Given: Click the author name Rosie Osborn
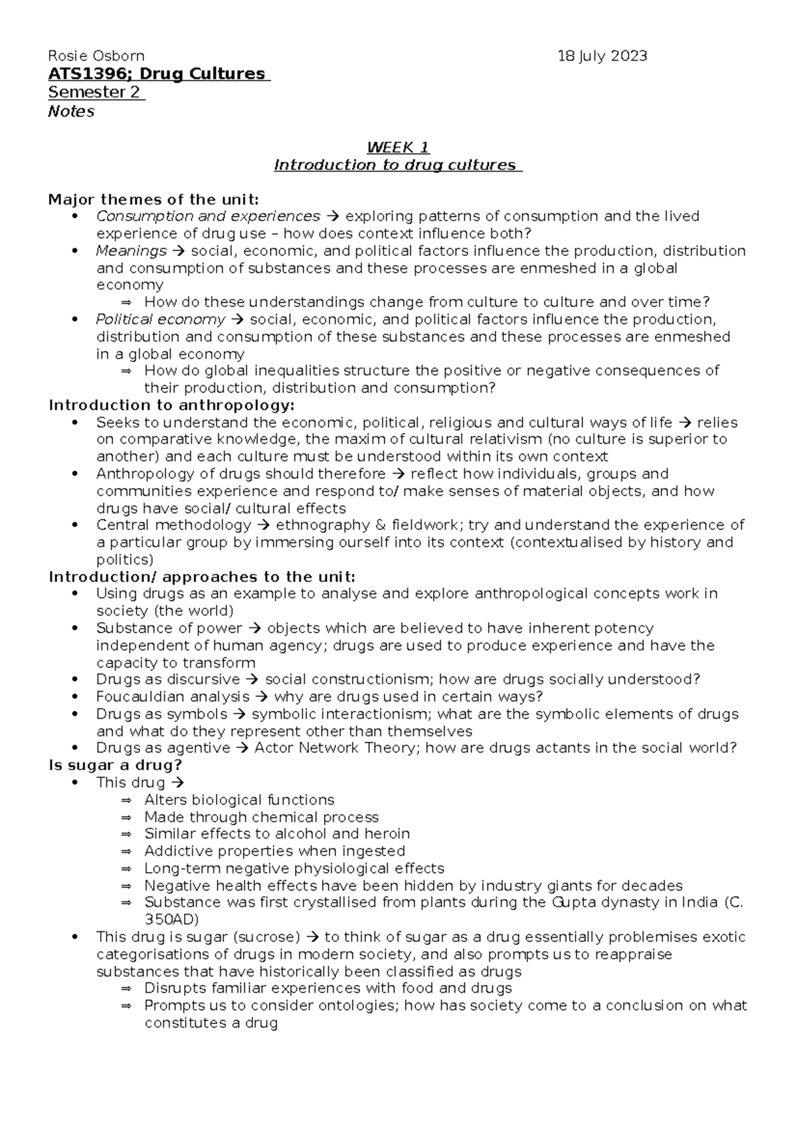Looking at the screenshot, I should (x=96, y=56).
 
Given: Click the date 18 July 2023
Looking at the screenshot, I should (x=602, y=56).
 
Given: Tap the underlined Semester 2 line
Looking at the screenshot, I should (x=94, y=92).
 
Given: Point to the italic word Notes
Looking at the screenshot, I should (x=71, y=111).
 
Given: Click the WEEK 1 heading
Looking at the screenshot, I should (x=398, y=147).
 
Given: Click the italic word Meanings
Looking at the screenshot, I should (x=132, y=251).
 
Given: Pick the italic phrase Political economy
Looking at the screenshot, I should (x=161, y=320).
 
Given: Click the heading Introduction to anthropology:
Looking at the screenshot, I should (x=171, y=405).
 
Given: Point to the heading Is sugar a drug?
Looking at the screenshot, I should (x=116, y=765).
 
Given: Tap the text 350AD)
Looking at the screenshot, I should (x=171, y=920).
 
